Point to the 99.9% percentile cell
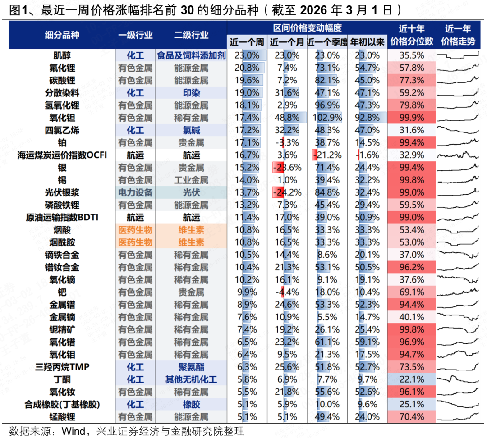point(411,118)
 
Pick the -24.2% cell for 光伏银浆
point(287,192)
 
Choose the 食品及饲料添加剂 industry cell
point(191,55)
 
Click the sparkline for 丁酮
point(458,379)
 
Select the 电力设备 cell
point(135,192)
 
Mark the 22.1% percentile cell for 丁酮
point(411,379)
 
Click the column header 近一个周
point(247,42)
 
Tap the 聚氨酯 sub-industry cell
point(191,367)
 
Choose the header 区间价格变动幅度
point(307,28)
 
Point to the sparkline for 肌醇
point(458,55)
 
